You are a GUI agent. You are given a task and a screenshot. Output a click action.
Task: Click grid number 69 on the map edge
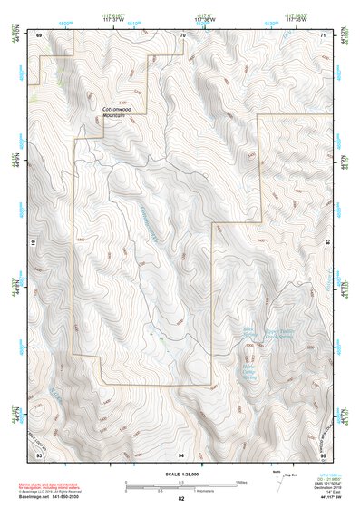[x=39, y=35]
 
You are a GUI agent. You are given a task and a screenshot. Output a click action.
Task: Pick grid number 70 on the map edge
[x=182, y=35]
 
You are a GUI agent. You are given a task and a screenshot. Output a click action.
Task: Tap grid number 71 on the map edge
[x=324, y=35]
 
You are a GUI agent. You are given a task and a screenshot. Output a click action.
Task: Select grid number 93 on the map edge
[x=39, y=453]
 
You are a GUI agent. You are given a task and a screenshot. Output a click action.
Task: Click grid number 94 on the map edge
[x=181, y=453]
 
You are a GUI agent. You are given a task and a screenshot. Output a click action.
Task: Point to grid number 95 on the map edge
[x=323, y=453]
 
